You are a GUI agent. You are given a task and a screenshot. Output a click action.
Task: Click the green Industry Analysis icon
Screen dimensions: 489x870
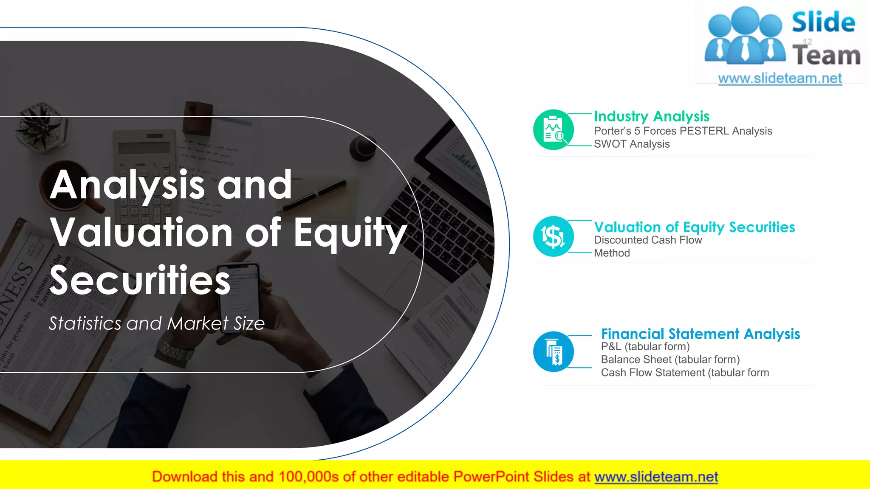click(553, 129)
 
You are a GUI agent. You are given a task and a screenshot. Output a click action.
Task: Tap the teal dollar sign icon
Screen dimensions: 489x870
click(553, 236)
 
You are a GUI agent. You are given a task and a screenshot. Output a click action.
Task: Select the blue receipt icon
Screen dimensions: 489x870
click(553, 351)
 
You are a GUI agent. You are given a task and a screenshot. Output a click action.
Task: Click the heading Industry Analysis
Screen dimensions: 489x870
click(651, 116)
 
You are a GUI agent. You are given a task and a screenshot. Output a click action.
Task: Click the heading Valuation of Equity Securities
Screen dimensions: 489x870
click(694, 227)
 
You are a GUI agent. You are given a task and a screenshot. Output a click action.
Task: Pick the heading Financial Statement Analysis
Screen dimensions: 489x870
click(700, 334)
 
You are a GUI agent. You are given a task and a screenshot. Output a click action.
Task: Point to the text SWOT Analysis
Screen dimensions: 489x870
click(631, 144)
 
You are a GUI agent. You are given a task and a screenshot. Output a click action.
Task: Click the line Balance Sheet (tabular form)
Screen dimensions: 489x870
click(670, 360)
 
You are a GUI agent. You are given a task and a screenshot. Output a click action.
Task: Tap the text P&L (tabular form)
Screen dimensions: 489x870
click(645, 346)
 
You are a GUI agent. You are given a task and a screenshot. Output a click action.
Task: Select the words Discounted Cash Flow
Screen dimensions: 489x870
click(647, 240)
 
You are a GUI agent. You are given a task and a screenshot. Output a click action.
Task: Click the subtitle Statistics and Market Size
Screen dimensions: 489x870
click(156, 323)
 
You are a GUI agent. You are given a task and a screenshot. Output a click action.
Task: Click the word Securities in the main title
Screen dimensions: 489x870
click(140, 280)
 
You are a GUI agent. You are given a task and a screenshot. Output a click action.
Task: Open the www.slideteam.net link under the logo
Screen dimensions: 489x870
click(780, 79)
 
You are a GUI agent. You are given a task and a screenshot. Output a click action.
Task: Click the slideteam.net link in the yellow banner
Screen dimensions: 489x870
click(656, 477)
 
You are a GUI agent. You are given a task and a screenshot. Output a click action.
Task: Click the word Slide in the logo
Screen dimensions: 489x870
click(823, 22)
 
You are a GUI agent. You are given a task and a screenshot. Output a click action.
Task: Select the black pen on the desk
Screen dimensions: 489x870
click(314, 195)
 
